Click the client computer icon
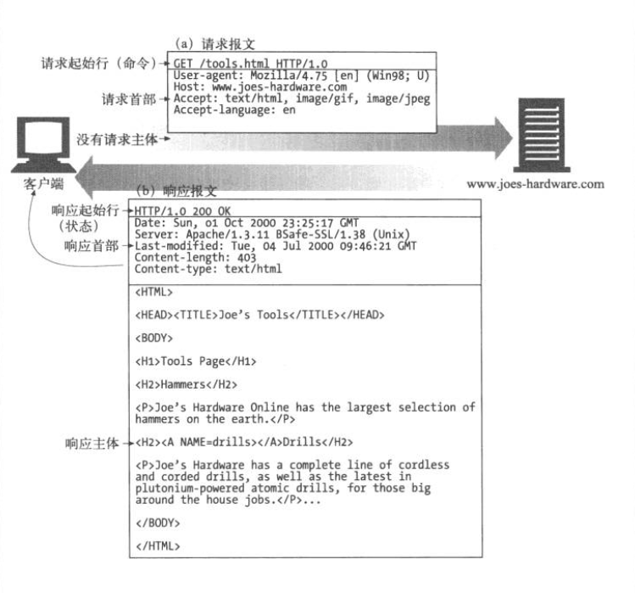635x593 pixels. tap(43, 145)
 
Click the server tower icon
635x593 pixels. tap(542, 135)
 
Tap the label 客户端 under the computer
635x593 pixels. tap(43, 184)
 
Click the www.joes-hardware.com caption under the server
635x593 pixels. tap(535, 184)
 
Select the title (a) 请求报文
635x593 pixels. tap(214, 44)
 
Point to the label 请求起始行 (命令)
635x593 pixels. tap(98, 64)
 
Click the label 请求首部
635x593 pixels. tap(129, 99)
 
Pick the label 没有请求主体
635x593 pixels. tap(117, 139)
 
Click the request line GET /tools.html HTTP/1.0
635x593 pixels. tap(250, 64)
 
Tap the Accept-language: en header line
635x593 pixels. tap(235, 109)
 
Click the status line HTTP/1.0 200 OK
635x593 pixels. tap(182, 211)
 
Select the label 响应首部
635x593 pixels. tap(91, 246)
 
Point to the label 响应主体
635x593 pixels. tap(92, 444)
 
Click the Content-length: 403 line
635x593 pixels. tap(195, 257)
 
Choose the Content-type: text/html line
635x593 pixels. tap(209, 269)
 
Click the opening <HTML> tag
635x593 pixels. tap(154, 292)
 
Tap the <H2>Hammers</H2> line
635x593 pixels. tap(187, 384)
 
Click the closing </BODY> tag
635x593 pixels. tap(158, 523)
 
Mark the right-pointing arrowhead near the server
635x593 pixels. tap(503, 138)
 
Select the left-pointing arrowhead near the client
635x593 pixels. tap(84, 177)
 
